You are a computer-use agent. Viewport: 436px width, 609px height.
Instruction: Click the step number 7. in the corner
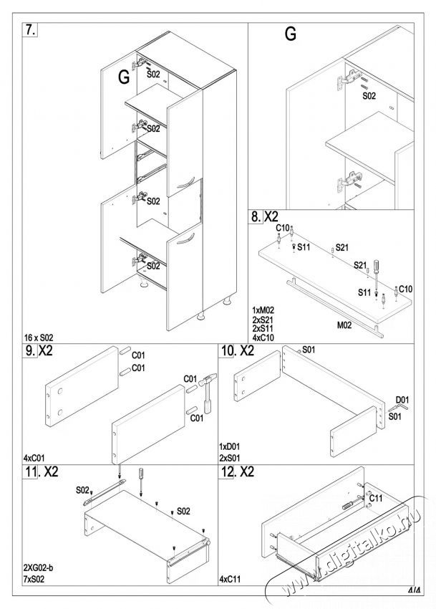point(31,31)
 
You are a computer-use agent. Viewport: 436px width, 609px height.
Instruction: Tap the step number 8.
point(255,216)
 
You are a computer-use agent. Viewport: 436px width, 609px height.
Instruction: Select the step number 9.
point(29,352)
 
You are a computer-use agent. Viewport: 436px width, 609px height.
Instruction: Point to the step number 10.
point(228,352)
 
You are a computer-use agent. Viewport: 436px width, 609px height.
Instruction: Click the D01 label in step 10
point(402,401)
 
